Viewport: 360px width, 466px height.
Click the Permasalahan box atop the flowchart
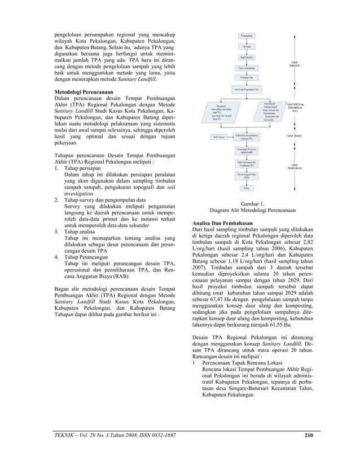pos(247,36)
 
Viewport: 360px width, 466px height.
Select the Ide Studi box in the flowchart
pos(247,47)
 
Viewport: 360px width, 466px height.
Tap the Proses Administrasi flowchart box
pos(247,68)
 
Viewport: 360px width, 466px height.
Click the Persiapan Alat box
pos(247,77)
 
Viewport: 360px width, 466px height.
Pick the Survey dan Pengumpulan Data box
pos(247,90)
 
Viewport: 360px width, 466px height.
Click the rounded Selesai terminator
pos(247,187)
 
